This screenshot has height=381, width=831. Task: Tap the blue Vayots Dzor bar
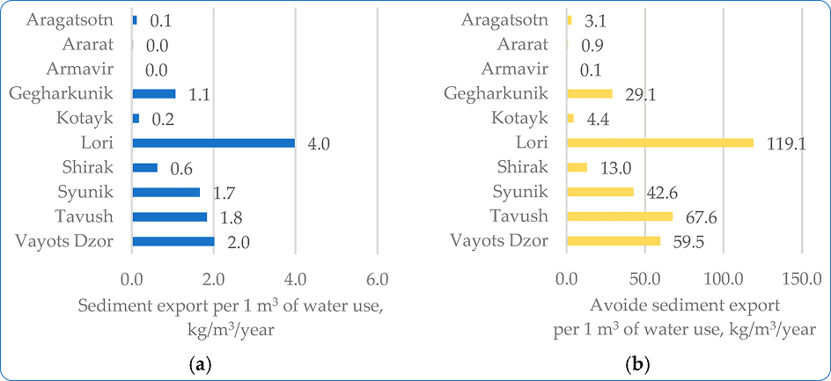pos(173,241)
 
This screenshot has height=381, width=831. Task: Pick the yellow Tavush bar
pos(620,216)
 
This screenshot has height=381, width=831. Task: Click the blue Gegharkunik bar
pos(154,93)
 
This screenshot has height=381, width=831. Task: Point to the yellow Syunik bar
pos(600,192)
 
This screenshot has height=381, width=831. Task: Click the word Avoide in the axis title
pos(614,306)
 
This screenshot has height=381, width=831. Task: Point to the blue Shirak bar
pos(144,167)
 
